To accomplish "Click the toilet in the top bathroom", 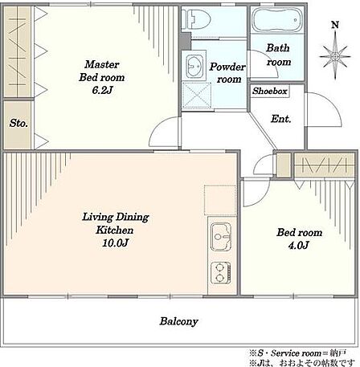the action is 196,19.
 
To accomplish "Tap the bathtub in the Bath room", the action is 277,20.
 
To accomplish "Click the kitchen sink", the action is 221,237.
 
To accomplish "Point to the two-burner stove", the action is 220,273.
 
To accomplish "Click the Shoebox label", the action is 270,91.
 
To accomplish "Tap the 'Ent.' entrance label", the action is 280,119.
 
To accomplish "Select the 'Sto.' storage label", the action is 18,123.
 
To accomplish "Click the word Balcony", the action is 178,321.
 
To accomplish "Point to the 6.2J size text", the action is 102,90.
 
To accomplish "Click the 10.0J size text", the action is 115,243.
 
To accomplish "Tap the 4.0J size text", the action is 299,245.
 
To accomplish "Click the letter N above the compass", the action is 335,25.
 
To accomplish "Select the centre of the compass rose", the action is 335,57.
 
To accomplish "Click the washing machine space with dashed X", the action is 196,96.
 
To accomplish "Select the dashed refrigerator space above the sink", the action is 220,200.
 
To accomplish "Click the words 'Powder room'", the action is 227,73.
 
